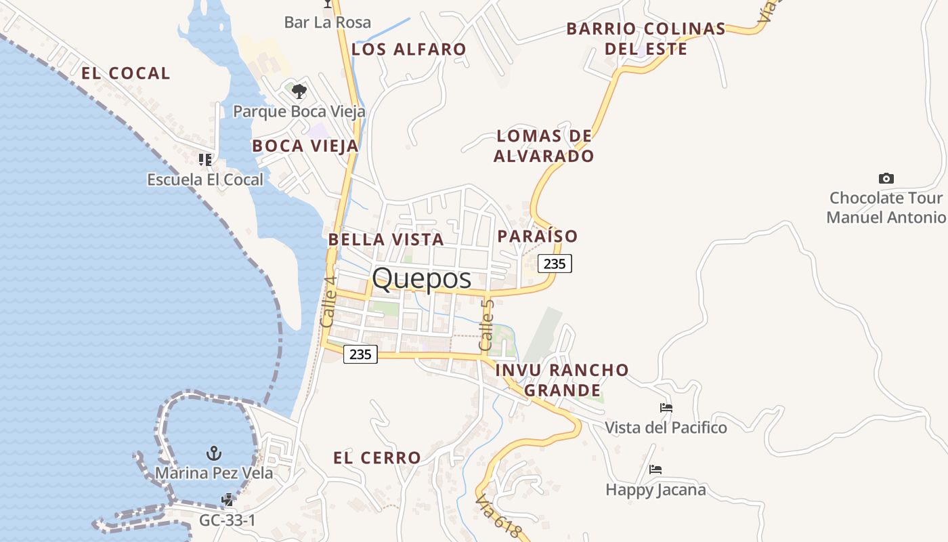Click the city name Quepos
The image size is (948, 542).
(421, 278)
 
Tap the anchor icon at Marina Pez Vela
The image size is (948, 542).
(214, 453)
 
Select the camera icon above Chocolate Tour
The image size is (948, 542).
(886, 178)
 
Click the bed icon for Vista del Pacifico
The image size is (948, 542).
(666, 408)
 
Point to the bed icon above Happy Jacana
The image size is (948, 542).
(655, 469)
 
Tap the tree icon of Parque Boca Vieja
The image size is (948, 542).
(299, 91)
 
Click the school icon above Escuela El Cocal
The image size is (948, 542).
(204, 160)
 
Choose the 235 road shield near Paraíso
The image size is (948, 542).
(555, 264)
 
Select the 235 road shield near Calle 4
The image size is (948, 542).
(360, 354)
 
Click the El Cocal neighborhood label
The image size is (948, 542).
(126, 73)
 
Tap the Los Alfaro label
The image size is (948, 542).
(409, 49)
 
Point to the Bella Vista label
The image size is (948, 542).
(386, 239)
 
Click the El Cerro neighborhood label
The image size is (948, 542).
(377, 458)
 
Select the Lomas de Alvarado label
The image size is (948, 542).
(544, 146)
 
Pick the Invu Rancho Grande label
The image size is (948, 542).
(563, 380)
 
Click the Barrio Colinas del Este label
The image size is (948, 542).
(646, 39)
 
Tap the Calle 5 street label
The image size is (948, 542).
(487, 325)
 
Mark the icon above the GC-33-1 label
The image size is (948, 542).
(228, 500)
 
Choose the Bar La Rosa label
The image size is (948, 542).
(328, 22)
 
